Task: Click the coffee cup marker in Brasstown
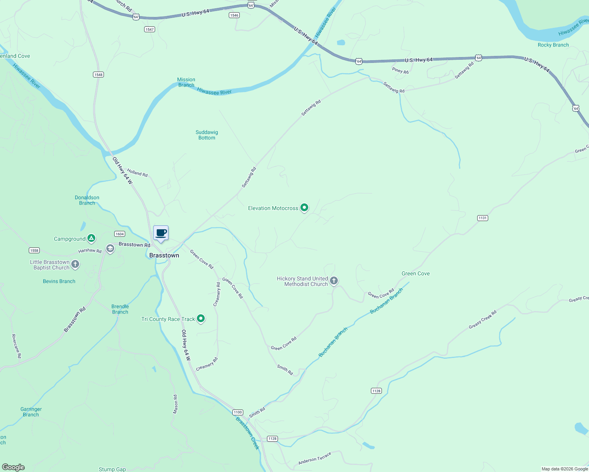coord(161,233)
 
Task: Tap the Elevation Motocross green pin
coord(304,207)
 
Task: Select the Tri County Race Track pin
coord(201,318)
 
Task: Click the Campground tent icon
coord(91,238)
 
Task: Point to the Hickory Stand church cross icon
coord(334,280)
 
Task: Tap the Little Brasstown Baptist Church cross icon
coord(75,264)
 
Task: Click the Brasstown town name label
coord(164,256)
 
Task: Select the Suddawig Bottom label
coord(207,135)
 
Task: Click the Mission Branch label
coord(186,82)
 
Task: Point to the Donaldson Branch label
coord(87,200)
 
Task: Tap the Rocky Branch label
coord(553,45)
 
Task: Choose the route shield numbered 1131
coord(483,218)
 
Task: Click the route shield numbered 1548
coord(98,75)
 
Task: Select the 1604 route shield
coord(120,234)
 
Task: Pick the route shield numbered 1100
coord(237,412)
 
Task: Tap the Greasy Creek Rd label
coord(482,320)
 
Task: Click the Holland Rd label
coord(137,173)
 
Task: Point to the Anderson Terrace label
coord(315,458)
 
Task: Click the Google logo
coord(13,467)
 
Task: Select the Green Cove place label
coord(415,273)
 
